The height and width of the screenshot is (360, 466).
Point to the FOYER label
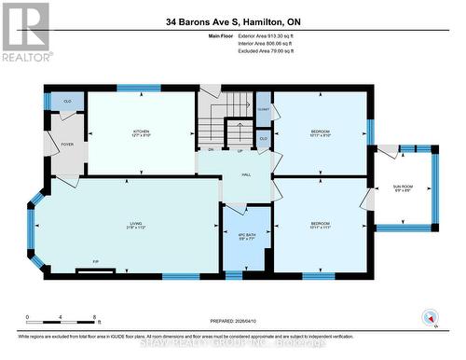[66, 145]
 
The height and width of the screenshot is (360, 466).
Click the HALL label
[246, 174]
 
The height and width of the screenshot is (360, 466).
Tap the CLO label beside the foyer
[67, 100]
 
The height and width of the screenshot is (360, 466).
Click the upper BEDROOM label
[320, 132]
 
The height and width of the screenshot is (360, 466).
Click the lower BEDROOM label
[320, 224]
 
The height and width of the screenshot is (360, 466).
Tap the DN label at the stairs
[211, 150]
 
